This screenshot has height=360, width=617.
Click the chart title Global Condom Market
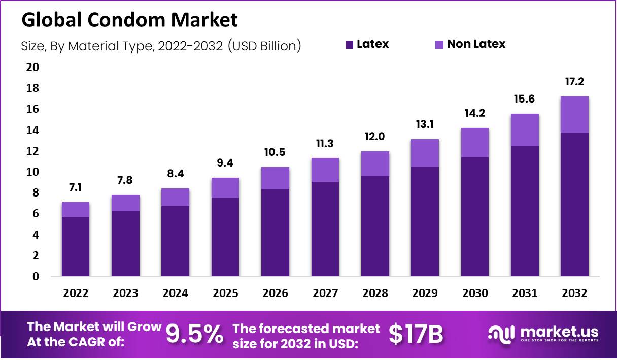[129, 20]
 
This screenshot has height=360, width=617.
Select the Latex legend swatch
[349, 44]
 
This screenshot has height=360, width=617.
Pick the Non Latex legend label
[476, 44]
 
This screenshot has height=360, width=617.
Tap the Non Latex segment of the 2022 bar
[76, 209]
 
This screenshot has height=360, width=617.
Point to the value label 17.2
[574, 82]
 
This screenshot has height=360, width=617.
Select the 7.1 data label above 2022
[76, 188]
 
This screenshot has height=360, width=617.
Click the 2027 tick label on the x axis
[325, 293]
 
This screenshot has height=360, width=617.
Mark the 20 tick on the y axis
[32, 68]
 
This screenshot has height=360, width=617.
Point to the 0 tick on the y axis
[36, 277]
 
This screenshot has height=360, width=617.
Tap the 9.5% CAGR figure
[194, 334]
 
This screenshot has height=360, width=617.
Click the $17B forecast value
[416, 334]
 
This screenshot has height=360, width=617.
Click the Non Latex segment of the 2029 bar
[425, 152]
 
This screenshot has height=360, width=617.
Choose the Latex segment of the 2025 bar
[225, 237]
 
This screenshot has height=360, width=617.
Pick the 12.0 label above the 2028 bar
[375, 137]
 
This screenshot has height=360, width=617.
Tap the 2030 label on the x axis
[475, 293]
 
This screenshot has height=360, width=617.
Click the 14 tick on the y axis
[32, 130]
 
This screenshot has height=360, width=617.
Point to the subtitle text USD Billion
[264, 46]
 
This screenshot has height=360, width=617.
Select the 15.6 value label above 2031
[525, 99]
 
